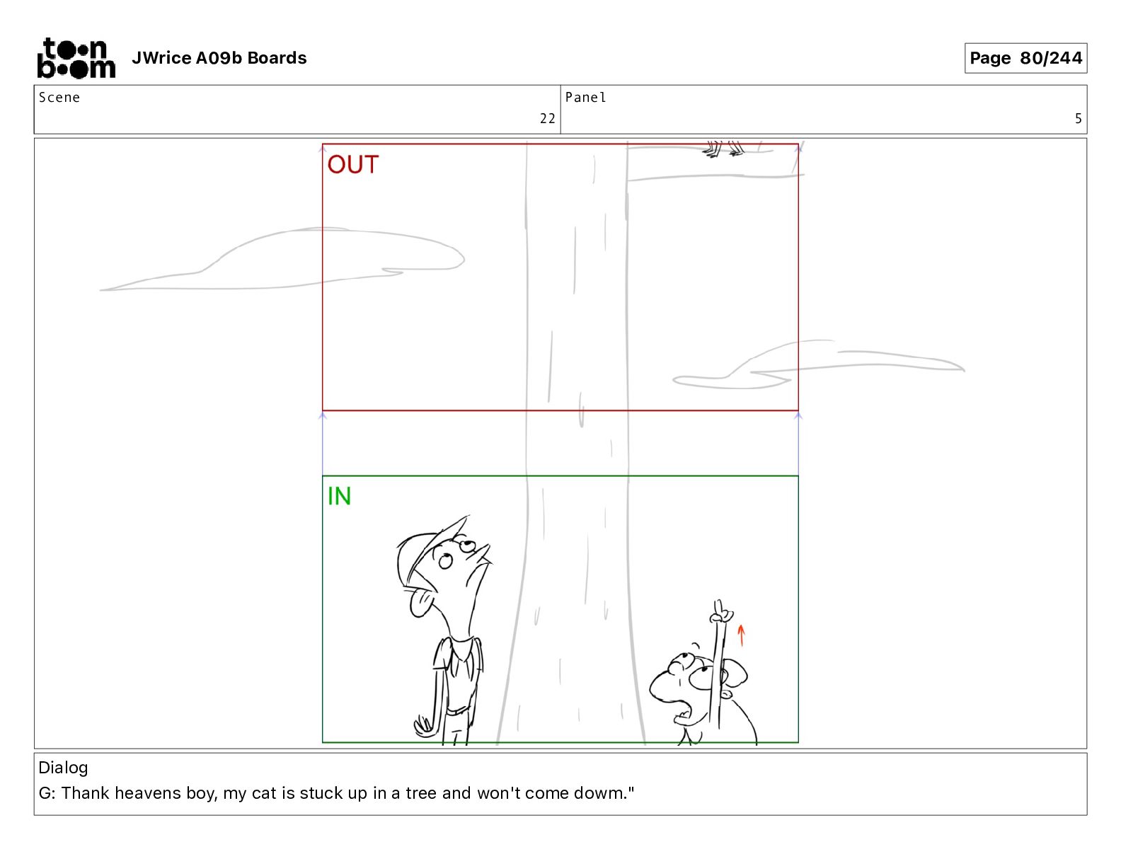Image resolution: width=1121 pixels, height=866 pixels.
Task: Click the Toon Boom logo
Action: (76, 58)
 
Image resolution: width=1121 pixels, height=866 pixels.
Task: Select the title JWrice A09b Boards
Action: (219, 58)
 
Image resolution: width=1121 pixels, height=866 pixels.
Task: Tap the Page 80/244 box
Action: (1025, 58)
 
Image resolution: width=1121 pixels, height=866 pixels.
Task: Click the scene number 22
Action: (547, 119)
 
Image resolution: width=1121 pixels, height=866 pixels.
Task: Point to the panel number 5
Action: (1078, 119)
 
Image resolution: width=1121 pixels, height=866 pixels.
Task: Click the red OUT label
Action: (353, 165)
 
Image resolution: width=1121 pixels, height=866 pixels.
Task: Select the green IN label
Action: (340, 496)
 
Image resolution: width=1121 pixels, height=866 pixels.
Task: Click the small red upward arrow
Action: (741, 635)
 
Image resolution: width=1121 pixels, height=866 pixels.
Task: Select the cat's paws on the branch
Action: (724, 149)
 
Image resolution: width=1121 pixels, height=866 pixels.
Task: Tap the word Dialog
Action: (63, 768)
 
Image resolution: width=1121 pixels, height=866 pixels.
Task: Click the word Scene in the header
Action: (59, 98)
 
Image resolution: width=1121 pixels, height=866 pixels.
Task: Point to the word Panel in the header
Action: (585, 98)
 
